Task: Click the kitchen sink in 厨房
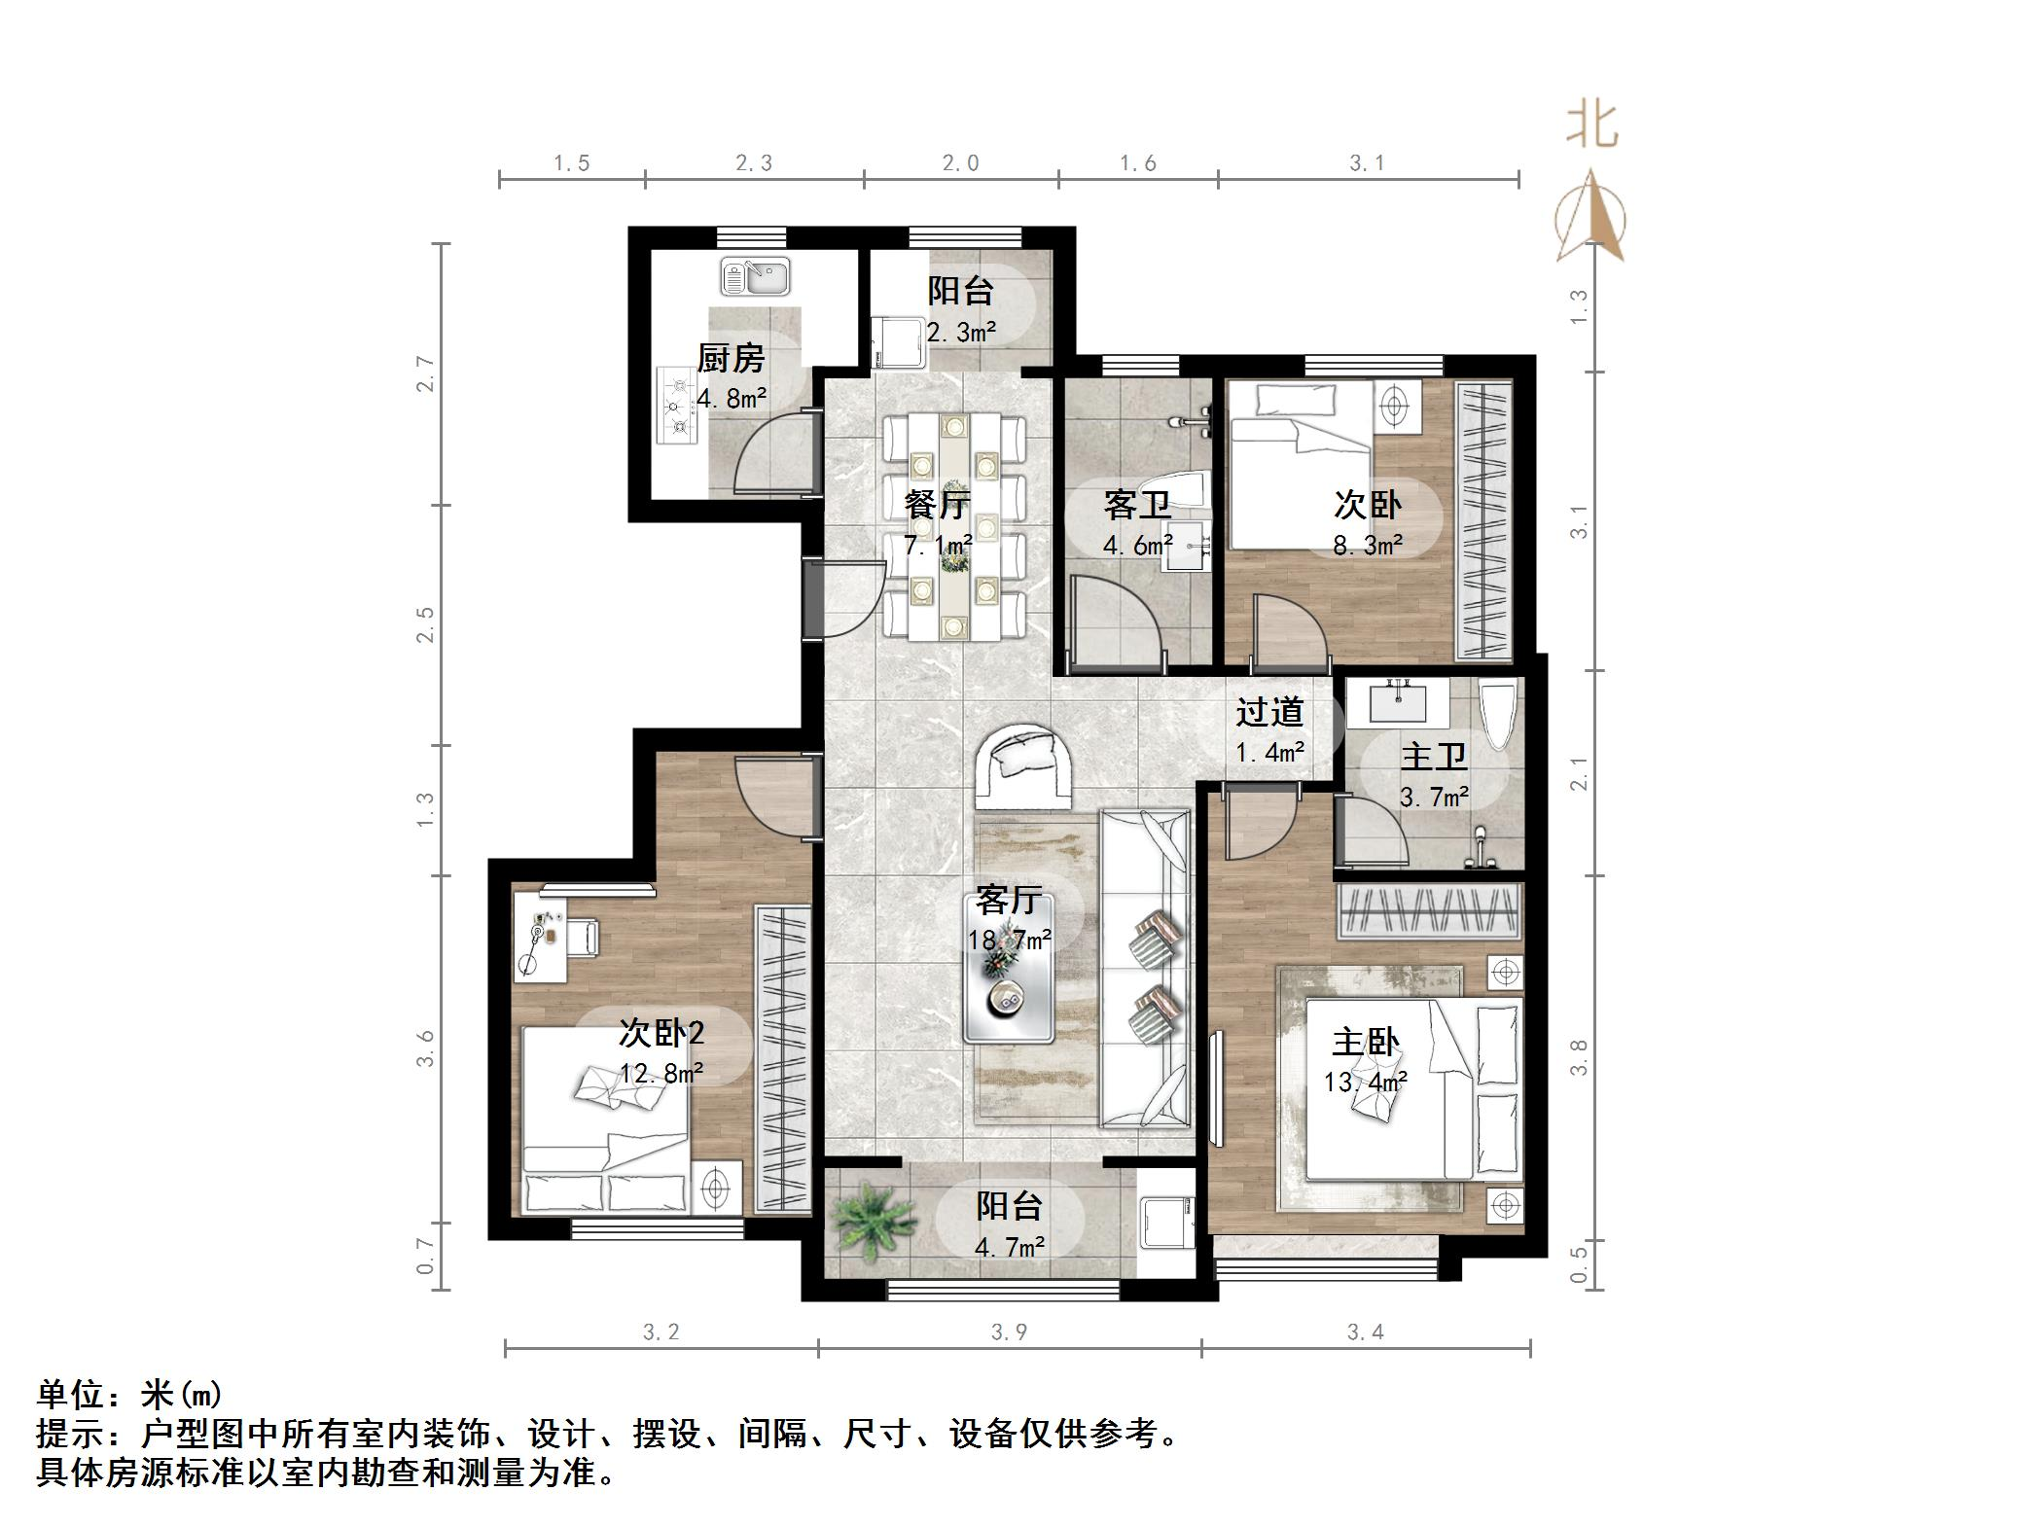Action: pos(755,277)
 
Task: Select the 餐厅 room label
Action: pos(937,505)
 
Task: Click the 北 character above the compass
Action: pos(1592,126)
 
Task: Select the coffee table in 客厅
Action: pos(1010,968)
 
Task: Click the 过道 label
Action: pos(1269,712)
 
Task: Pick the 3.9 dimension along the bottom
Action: pos(1009,1332)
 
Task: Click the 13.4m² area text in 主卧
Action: pos(1366,1083)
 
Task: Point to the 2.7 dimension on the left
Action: pos(424,373)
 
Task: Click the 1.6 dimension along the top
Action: pos(1138,163)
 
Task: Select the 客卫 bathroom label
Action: pos(1136,505)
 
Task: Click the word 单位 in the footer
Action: pos(70,1396)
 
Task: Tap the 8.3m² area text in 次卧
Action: pos(1367,546)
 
